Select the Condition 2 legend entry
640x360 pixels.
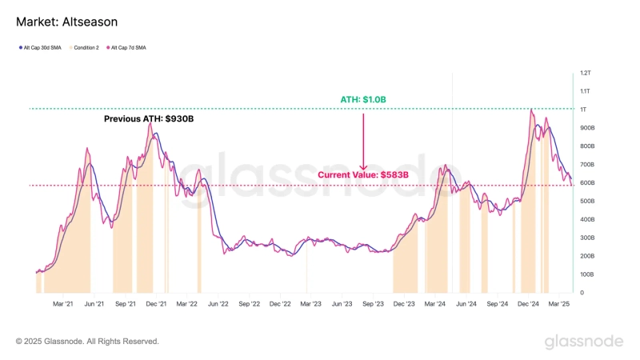coord(86,48)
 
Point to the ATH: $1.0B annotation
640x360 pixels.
coord(363,99)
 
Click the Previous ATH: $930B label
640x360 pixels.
coord(149,119)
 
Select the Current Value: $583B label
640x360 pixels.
coord(363,174)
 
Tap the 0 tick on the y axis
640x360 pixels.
coord(582,293)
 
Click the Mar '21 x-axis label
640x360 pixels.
coord(63,304)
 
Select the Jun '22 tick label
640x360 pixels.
coord(218,304)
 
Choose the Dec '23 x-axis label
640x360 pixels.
coord(405,304)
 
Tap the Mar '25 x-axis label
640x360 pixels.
coord(559,304)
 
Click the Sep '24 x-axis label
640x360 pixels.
coord(498,304)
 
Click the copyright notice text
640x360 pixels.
coord(87,342)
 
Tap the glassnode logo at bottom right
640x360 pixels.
coord(584,342)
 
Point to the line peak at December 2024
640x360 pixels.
coord(531,110)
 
